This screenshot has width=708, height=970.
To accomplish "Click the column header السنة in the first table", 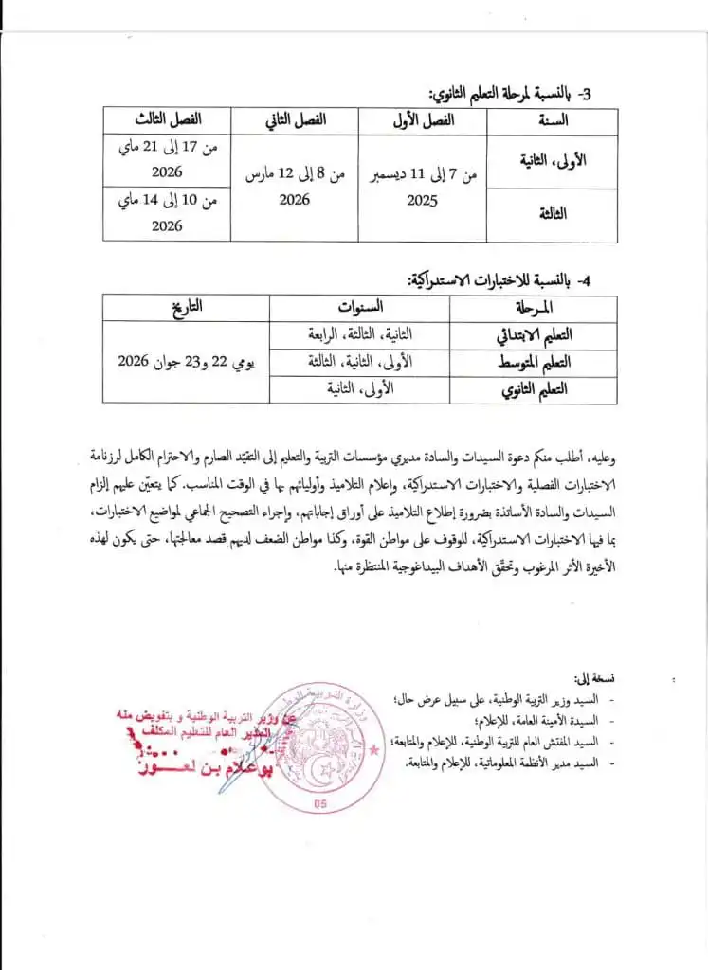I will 552,121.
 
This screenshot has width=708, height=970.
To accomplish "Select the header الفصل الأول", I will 422,121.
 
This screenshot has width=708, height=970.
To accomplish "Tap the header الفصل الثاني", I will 294,121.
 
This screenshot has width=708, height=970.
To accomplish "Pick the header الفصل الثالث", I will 168,121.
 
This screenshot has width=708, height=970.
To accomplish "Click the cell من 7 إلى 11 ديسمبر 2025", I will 422,188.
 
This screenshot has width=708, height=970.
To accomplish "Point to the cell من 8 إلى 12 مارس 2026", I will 294,188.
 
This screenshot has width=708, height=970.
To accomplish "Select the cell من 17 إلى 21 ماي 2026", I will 168,160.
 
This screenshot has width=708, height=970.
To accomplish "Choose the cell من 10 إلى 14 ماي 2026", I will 168,213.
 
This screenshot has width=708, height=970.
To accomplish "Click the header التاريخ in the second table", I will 187,307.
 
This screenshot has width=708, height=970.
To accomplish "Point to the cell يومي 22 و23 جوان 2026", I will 187,362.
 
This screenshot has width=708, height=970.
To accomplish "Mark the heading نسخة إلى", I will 595,678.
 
